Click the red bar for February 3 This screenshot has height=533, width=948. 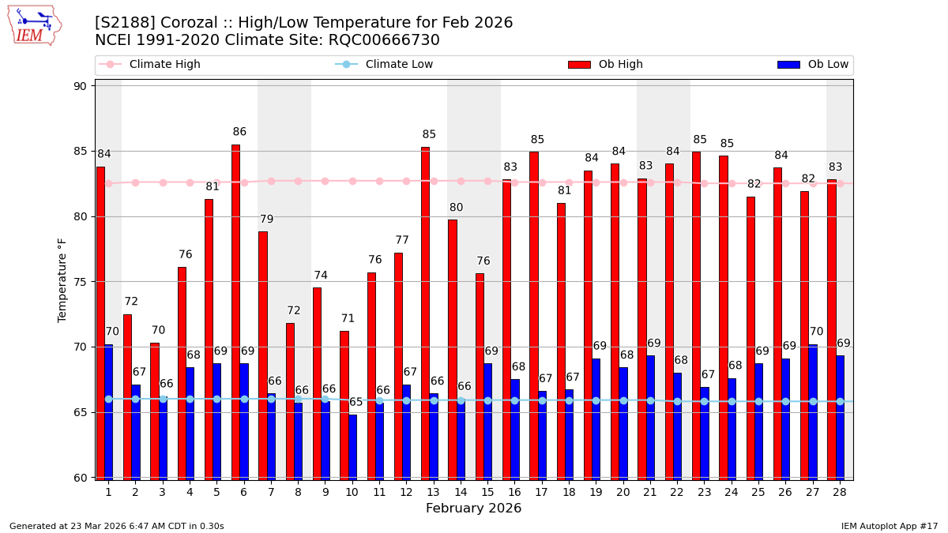click(x=155, y=411)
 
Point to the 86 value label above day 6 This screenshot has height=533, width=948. click(x=239, y=132)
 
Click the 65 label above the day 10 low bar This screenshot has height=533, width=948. click(x=356, y=402)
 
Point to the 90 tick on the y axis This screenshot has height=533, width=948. click(x=80, y=86)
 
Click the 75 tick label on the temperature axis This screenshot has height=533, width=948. click(x=80, y=282)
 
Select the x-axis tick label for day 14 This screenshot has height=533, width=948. click(x=461, y=492)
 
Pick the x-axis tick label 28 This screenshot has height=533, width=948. click(x=840, y=492)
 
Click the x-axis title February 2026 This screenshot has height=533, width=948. click(x=474, y=509)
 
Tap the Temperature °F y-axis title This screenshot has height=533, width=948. click(x=62, y=280)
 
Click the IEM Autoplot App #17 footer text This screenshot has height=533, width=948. click(x=890, y=526)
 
